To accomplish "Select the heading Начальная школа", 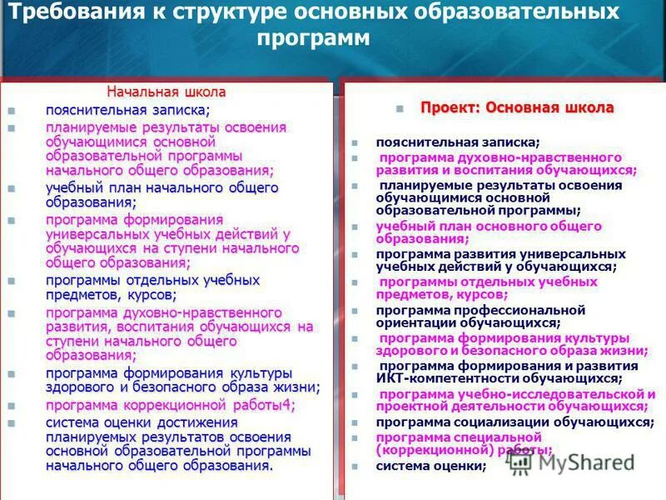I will [x=166, y=92].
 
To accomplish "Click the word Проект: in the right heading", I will [x=450, y=108].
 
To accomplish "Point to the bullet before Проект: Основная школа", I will [x=400, y=109].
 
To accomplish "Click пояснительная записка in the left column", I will [x=127, y=110].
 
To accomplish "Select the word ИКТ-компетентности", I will [x=450, y=378].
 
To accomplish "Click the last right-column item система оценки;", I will [x=430, y=466].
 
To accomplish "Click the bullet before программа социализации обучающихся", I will [x=355, y=422].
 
